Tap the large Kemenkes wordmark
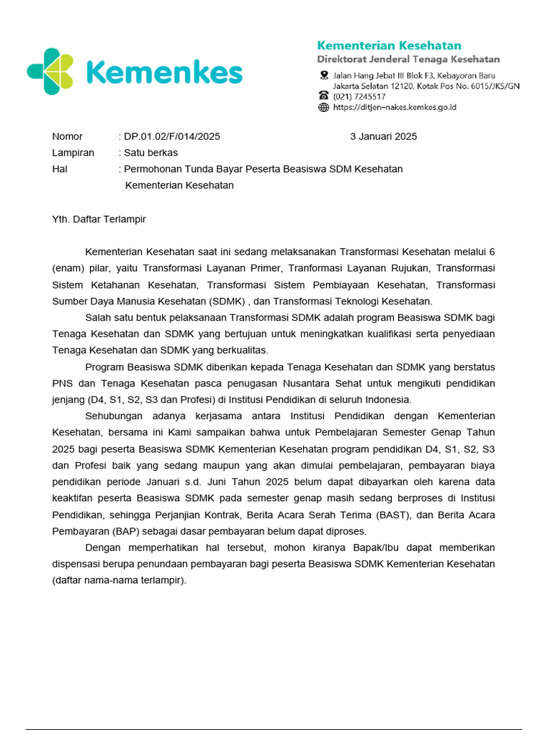click(163, 73)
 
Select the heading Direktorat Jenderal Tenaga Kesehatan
click(408, 59)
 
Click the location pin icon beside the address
click(323, 76)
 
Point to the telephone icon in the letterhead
click(323, 96)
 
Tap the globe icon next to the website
click(323, 107)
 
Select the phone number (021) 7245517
click(360, 96)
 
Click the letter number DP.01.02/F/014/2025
click(172, 136)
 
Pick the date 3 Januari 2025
click(383, 136)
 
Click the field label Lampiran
click(73, 153)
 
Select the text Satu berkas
click(151, 153)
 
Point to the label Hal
click(59, 169)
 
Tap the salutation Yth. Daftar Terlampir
click(98, 219)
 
